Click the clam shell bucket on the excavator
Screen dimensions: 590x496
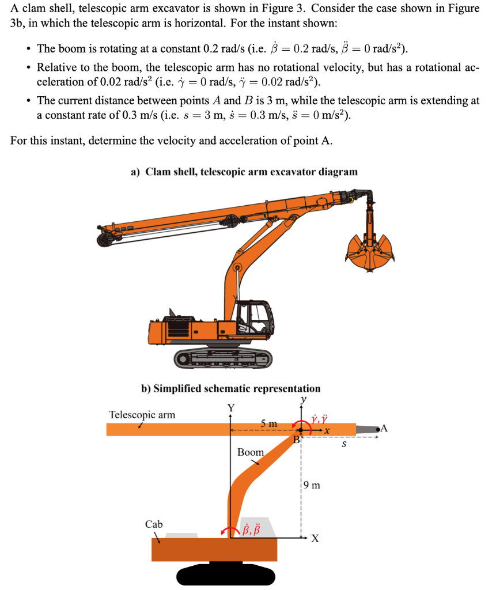(371, 254)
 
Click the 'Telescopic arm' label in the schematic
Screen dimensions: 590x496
(142, 414)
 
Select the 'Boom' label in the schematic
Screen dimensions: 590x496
(250, 452)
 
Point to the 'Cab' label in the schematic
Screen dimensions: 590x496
(154, 524)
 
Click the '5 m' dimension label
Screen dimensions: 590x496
(268, 423)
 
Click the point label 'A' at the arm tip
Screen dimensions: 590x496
(385, 428)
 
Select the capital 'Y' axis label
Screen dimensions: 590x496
(230, 408)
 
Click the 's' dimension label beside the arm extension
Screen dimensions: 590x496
(344, 444)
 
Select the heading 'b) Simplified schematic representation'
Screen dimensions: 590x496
(230, 388)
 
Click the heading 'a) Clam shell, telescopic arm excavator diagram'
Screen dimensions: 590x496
(244, 172)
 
